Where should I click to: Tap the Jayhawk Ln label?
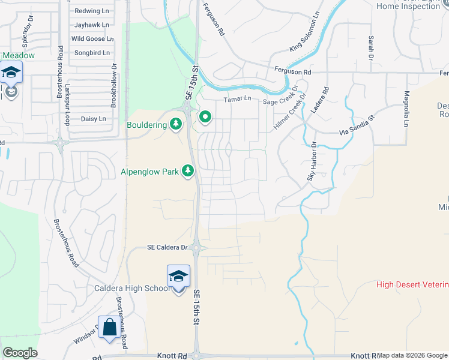(x=92, y=25)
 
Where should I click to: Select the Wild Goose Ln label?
(x=92, y=38)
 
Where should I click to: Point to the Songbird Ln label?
(x=92, y=53)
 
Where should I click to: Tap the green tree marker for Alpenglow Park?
(x=188, y=172)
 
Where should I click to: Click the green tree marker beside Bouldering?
(x=176, y=124)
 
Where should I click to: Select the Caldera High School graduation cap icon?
(x=178, y=277)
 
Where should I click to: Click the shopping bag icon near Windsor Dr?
(x=109, y=328)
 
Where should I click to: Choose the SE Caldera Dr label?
(x=168, y=247)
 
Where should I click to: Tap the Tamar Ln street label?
(x=237, y=100)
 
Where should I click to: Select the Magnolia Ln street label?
(x=406, y=108)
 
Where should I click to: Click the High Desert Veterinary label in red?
(x=412, y=284)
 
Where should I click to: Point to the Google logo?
(x=20, y=353)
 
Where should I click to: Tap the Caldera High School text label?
(x=132, y=288)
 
